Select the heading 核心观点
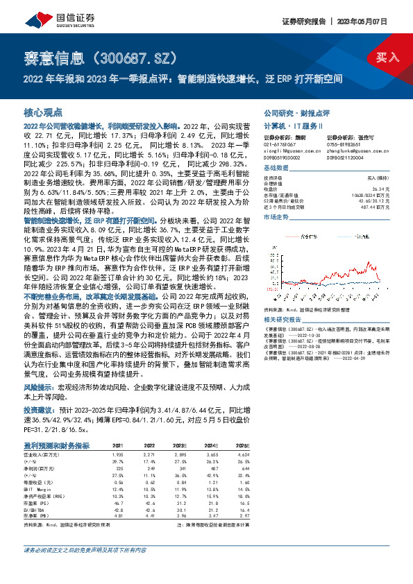point(43,112)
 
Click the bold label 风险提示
point(39,385)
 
